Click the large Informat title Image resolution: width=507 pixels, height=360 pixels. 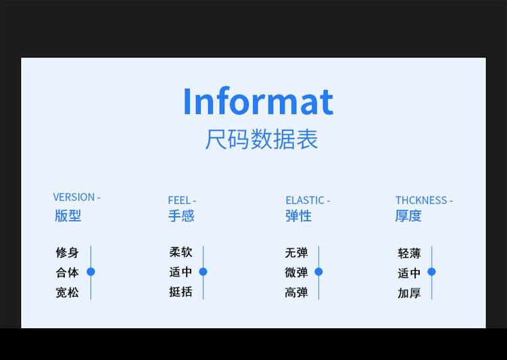point(258,101)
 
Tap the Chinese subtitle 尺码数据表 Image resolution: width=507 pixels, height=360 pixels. point(262,139)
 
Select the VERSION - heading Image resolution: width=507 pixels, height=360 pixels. point(76,197)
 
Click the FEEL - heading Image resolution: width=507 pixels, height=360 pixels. point(182,201)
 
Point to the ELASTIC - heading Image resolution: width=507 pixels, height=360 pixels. point(308,201)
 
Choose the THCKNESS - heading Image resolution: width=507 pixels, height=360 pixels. point(424,201)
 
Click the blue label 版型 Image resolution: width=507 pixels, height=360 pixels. point(68,215)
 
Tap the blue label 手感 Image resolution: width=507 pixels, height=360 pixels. point(181,215)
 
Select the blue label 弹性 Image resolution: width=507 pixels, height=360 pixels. point(298,215)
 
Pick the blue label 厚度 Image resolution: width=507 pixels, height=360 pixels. point(408,215)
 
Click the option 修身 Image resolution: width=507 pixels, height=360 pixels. point(67,253)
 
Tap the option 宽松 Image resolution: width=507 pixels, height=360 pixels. point(67,292)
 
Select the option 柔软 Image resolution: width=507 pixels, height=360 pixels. point(180,252)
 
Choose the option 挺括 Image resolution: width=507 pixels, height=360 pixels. point(180,292)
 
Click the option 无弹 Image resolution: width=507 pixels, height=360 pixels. point(297,253)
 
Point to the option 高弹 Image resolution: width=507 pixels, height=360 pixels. point(297,292)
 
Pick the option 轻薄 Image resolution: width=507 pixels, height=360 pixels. point(410,253)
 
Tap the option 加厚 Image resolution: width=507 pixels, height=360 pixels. point(410,293)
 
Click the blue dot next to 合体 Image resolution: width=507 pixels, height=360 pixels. point(91,272)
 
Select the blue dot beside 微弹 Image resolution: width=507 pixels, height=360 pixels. point(319,272)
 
